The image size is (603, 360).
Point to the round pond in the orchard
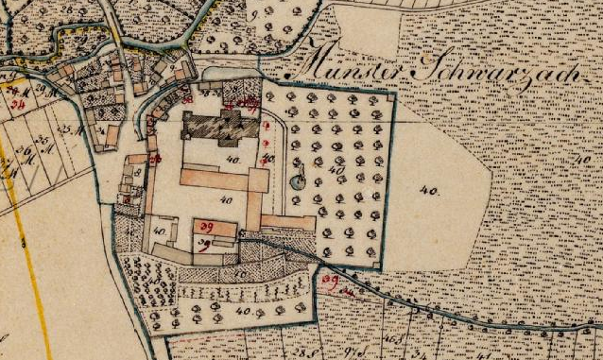(x=299, y=181)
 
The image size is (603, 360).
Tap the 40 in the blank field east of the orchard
(x=430, y=190)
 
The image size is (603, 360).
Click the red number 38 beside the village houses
(x=187, y=97)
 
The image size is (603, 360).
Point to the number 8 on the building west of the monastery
(x=136, y=174)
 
